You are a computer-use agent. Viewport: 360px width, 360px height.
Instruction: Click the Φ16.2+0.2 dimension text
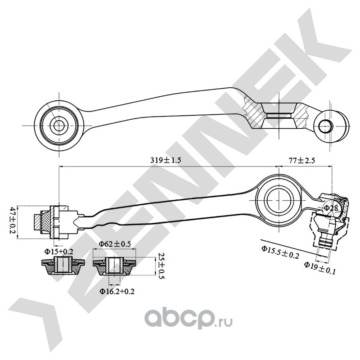pos(117,291)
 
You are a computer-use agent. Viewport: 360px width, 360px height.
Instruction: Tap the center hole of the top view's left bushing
pos(58,125)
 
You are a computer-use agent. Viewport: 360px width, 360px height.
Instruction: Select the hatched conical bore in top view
pos(279,114)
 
